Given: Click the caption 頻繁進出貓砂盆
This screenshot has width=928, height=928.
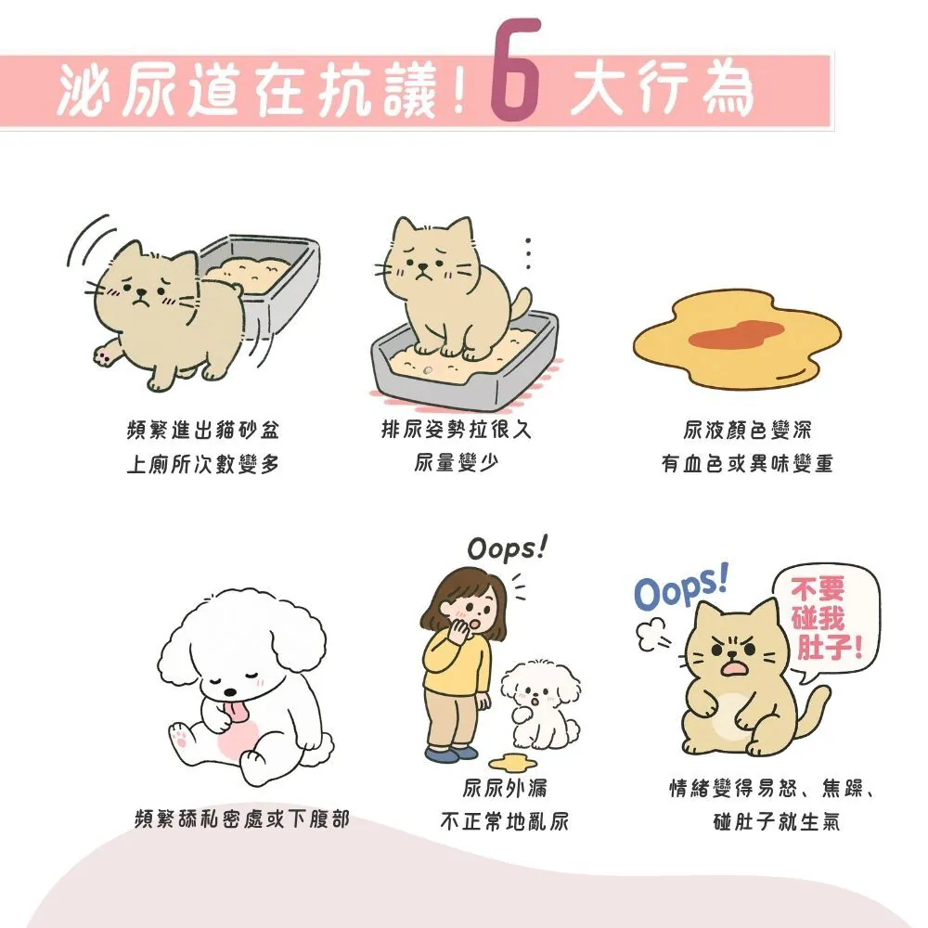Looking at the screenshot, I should [x=202, y=432].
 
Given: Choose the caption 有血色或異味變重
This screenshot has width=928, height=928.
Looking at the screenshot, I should [x=747, y=463].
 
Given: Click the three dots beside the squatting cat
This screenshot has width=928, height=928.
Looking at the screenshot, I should [x=528, y=253].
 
